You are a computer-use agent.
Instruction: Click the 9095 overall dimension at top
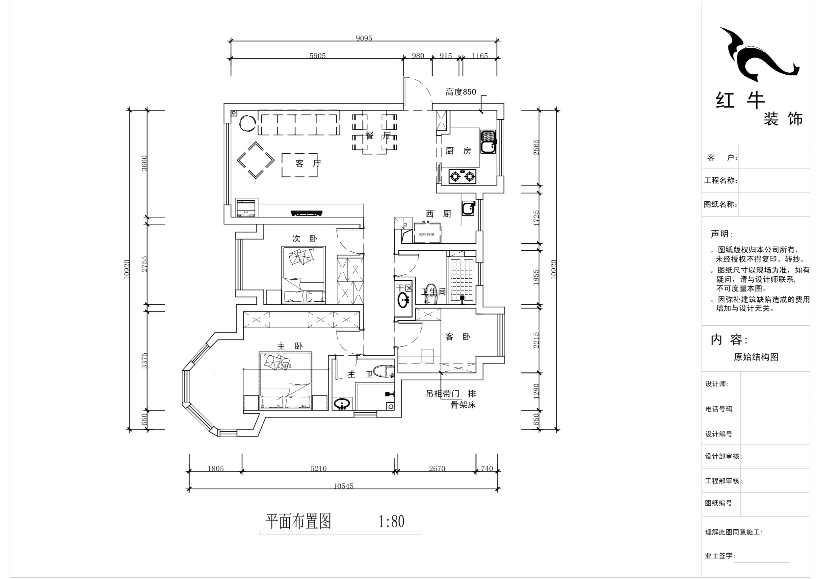(364, 38)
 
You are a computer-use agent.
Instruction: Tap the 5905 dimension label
(317, 56)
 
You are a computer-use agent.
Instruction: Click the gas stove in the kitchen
(462, 176)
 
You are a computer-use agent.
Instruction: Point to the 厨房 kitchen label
(458, 151)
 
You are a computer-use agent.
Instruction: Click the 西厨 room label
(438, 214)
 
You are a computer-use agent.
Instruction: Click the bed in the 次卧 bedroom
(304, 275)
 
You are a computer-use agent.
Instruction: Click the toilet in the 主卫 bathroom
(383, 371)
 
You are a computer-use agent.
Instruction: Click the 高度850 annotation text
(461, 92)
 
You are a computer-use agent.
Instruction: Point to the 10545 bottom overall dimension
(343, 486)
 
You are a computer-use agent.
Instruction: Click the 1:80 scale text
(391, 522)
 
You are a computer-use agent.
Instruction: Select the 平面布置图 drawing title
(298, 522)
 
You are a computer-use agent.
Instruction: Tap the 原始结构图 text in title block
(756, 357)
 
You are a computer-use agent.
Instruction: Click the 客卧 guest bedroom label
(458, 337)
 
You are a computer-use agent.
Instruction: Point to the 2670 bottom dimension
(437, 468)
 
